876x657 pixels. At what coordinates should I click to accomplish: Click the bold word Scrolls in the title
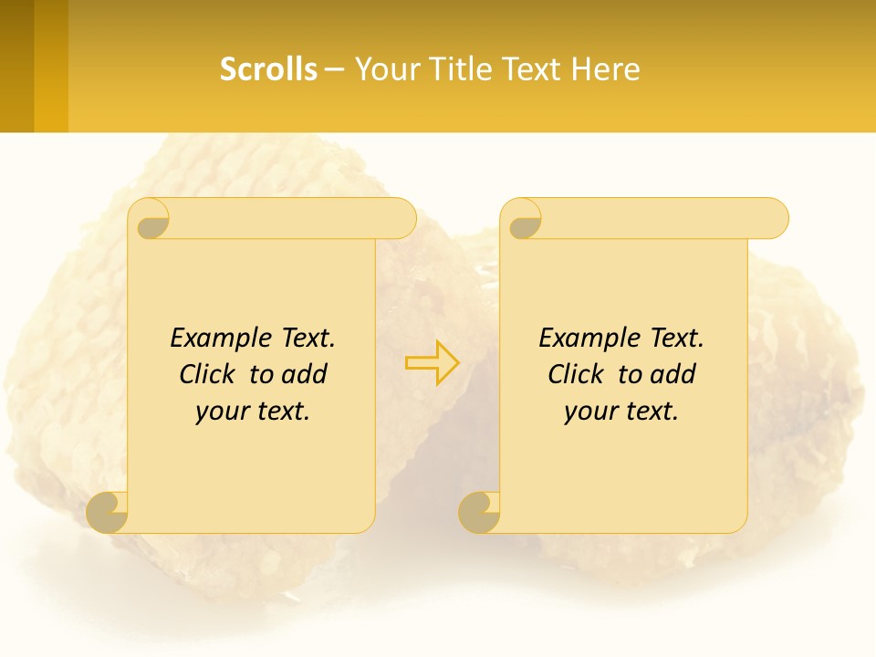pyautogui.click(x=268, y=69)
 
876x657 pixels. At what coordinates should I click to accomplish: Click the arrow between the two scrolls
pyautogui.click(x=433, y=362)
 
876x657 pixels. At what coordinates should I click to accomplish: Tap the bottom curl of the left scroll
pyautogui.click(x=108, y=513)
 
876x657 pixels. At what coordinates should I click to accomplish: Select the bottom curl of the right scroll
pyautogui.click(x=480, y=513)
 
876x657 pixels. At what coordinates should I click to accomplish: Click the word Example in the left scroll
pyautogui.click(x=215, y=339)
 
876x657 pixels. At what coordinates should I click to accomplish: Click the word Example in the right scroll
pyautogui.click(x=584, y=339)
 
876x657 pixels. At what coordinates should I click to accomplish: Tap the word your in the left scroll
pyautogui.click(x=220, y=412)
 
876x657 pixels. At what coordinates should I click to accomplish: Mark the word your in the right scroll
pyautogui.click(x=589, y=412)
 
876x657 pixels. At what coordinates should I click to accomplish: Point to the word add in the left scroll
pyautogui.click(x=305, y=375)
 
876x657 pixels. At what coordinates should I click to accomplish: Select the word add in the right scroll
pyautogui.click(x=673, y=375)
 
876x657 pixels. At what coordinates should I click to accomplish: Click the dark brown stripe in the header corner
pyautogui.click(x=16, y=66)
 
